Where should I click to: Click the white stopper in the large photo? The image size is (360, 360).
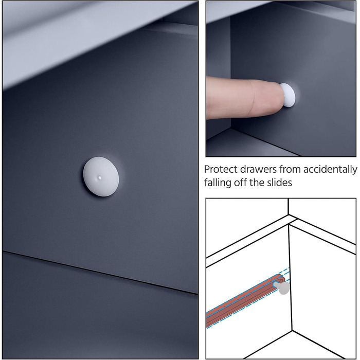101,176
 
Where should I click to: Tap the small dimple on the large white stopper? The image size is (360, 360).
99,177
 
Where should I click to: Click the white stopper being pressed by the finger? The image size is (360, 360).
289,95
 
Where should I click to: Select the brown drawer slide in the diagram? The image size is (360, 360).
245,301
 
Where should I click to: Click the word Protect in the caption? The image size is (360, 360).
221,170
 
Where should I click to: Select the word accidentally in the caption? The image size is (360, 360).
330,170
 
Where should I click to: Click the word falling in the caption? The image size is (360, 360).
218,183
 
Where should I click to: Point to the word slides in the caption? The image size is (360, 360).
279,183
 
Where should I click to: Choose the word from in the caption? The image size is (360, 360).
290,170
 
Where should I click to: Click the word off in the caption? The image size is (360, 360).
240,183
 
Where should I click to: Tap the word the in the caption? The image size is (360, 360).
257,183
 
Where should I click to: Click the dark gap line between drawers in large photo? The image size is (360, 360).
100,273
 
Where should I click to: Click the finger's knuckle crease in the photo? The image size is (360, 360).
252,98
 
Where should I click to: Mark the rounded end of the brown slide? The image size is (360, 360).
281,278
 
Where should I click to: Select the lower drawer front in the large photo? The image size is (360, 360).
100,317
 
